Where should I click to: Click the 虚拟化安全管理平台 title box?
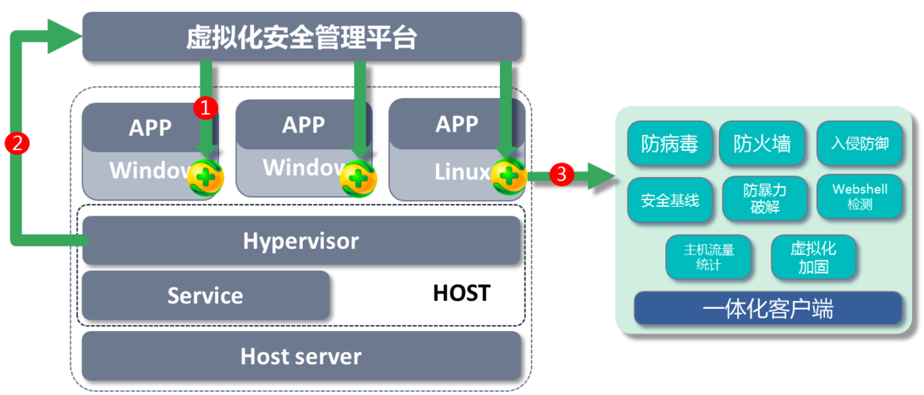[x=301, y=36]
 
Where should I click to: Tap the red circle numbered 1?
[x=205, y=107]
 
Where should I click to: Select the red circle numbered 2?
[x=17, y=143]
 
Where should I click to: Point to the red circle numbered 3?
[x=561, y=174]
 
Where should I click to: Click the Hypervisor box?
[x=301, y=240]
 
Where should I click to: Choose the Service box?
[x=205, y=295]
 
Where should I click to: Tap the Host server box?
[x=301, y=356]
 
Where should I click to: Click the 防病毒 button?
[x=670, y=143]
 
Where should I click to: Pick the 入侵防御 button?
[x=859, y=143]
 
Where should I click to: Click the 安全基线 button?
[x=670, y=199]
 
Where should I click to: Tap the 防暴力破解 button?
[x=765, y=199]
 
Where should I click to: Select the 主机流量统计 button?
[x=709, y=257]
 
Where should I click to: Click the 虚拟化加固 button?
[x=813, y=257]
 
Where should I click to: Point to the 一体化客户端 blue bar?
[x=767, y=308]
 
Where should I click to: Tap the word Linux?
[x=462, y=171]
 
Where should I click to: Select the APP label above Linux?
[x=456, y=124]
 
